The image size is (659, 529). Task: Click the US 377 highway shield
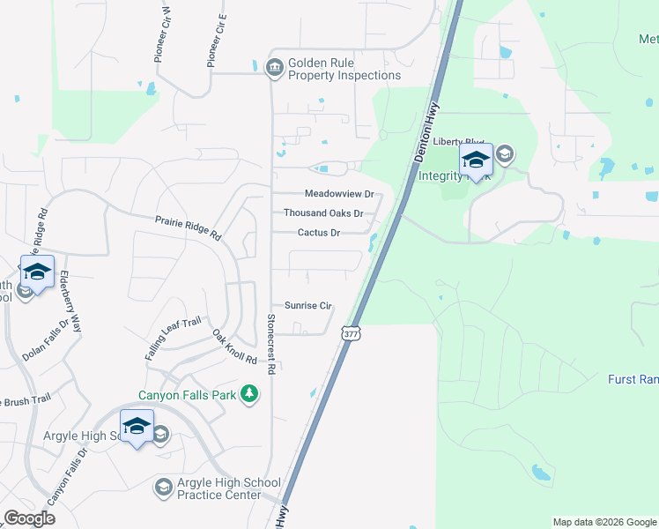click(x=352, y=334)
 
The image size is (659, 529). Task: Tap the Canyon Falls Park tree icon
click(x=250, y=393)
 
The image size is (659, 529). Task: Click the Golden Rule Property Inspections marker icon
click(x=274, y=67)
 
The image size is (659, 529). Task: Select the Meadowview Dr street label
click(x=339, y=193)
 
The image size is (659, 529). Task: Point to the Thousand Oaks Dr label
click(x=323, y=213)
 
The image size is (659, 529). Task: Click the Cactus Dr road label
click(x=319, y=233)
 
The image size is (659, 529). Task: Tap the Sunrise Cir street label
click(x=307, y=306)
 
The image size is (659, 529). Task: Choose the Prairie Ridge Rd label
click(x=188, y=228)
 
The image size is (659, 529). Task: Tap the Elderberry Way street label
click(x=70, y=301)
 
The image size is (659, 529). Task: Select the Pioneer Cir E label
click(x=217, y=41)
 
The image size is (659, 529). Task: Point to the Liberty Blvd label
click(x=452, y=143)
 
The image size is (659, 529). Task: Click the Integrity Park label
click(x=446, y=175)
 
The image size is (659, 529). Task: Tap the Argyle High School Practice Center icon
click(x=163, y=487)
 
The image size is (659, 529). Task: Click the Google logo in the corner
click(x=29, y=518)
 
